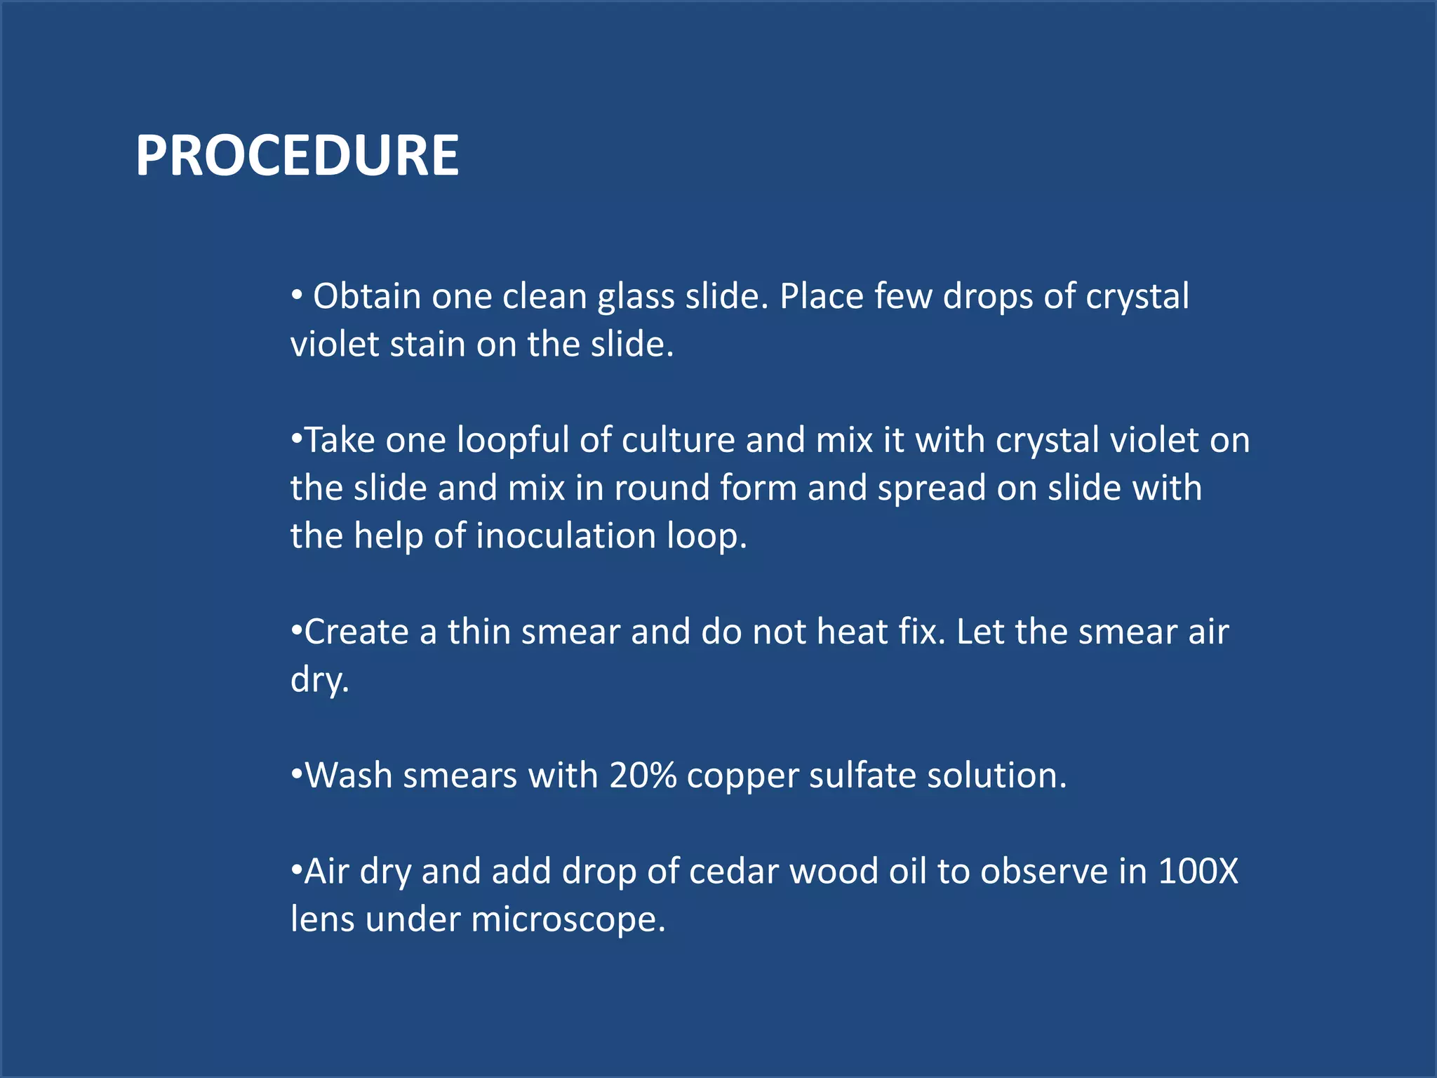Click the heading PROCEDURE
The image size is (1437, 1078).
(x=297, y=155)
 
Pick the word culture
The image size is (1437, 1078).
(x=678, y=441)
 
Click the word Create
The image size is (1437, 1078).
(x=356, y=632)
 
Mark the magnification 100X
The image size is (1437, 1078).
(x=1198, y=872)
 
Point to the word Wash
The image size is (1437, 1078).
(x=348, y=776)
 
